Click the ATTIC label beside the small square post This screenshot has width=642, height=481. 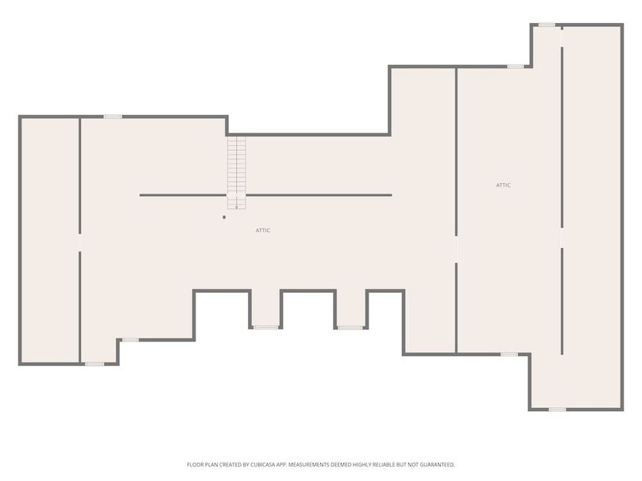tap(263, 230)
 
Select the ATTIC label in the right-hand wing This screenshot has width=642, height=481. tap(503, 185)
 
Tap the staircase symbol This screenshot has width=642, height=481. tap(237, 173)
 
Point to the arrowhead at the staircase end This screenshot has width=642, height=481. tap(237, 207)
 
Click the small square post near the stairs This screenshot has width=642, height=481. tap(224, 217)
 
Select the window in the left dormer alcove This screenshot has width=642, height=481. tap(266, 327)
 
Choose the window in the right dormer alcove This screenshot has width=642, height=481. tap(350, 327)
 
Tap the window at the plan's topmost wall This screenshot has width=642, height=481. tap(547, 25)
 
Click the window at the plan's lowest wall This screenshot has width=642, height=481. tap(557, 409)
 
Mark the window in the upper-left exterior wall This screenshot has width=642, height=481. tap(113, 117)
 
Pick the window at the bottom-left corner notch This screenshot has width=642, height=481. tap(95, 364)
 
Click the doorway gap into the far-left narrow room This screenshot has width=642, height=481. tap(79, 243)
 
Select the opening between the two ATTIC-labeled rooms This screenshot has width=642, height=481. tap(456, 249)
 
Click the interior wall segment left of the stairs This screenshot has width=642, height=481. tap(183, 195)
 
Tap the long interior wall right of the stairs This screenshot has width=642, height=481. tap(319, 195)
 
